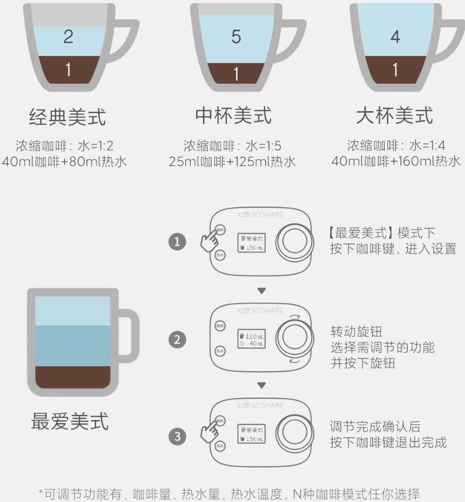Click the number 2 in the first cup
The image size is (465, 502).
click(68, 37)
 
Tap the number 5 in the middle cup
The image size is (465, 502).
click(236, 37)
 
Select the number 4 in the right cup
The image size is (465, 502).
click(395, 37)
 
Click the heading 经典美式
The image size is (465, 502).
click(68, 117)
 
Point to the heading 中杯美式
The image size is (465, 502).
click(233, 116)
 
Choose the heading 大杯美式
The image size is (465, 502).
click(395, 116)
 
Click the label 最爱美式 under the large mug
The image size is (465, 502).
click(70, 422)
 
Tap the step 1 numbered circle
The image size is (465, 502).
click(178, 242)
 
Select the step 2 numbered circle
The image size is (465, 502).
click(178, 340)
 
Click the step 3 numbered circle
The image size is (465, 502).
click(178, 436)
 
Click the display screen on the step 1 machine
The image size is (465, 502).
click(251, 242)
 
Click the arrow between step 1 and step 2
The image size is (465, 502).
click(261, 290)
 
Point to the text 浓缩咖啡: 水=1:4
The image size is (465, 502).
click(395, 146)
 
